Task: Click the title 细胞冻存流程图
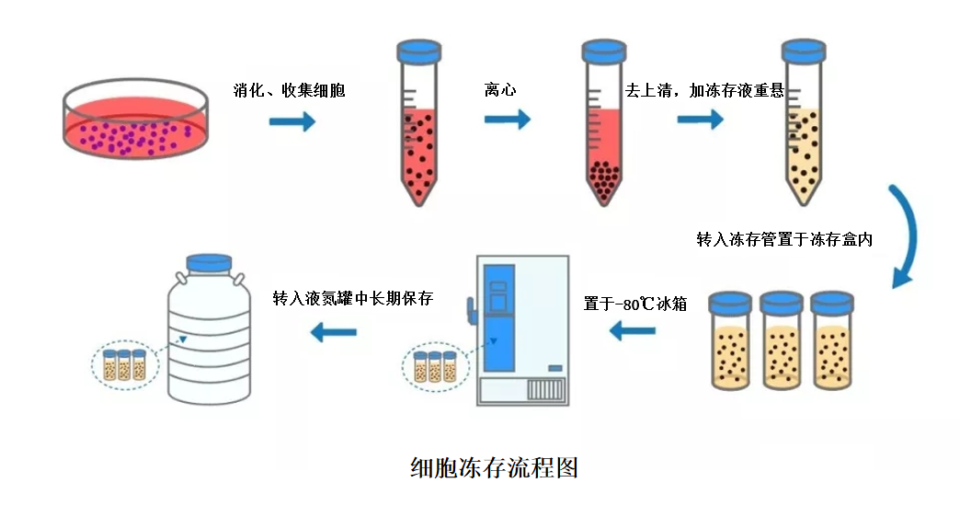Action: pos(494,467)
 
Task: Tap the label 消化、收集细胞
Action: pos(290,91)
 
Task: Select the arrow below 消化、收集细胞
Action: pos(292,121)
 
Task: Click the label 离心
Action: pos(500,91)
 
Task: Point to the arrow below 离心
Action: pos(508,119)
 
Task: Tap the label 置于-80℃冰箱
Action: pos(635,304)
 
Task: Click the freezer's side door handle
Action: pos(471,309)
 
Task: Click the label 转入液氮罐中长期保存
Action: pos(353,299)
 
